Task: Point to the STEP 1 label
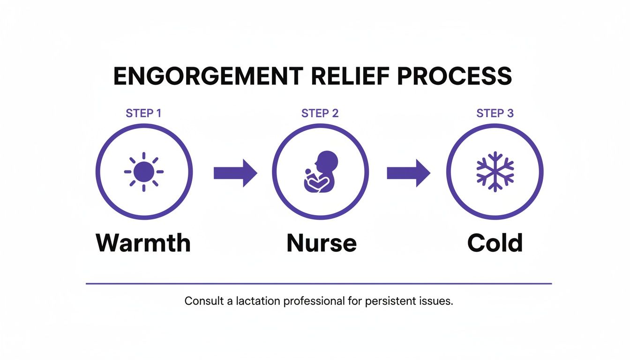[143, 113]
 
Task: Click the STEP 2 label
[320, 113]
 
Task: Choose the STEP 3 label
[495, 113]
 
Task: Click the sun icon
[144, 172]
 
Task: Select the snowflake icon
[495, 172]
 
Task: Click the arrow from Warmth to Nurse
[235, 173]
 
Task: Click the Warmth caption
[143, 243]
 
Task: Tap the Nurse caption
[321, 243]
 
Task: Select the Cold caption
[495, 243]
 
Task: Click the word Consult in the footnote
[204, 301]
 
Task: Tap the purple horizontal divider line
[319, 284]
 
